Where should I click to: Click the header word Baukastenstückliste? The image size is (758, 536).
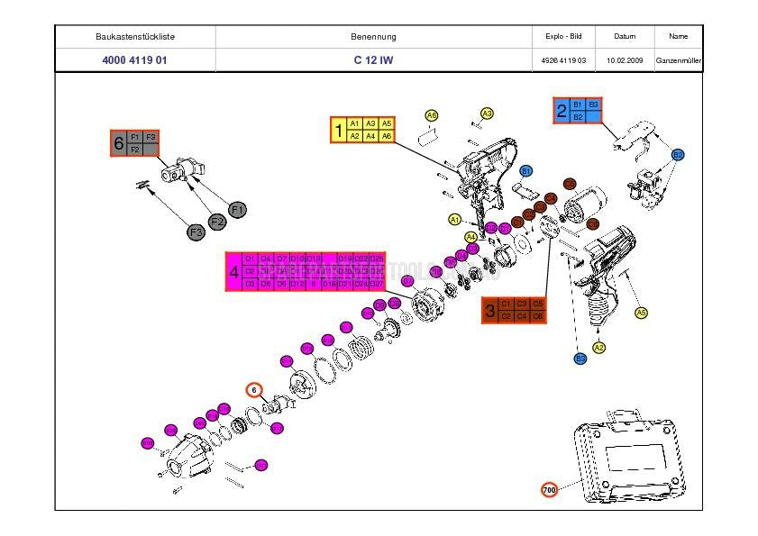135,37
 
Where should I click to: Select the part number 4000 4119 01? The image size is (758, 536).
135,60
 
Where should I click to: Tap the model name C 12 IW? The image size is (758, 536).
373,60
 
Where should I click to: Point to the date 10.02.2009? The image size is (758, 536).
625,60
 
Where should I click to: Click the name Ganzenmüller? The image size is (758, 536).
679,60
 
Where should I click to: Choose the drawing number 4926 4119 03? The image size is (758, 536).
564,60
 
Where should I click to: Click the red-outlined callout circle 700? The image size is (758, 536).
549,490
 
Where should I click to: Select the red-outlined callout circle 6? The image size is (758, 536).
255,390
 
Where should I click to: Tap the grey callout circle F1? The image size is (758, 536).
238,210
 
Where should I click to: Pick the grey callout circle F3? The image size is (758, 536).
196,232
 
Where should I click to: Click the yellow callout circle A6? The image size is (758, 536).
432,115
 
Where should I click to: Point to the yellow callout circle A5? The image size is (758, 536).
641,313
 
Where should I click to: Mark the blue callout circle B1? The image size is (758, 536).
526,170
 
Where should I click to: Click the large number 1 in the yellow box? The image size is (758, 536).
339,131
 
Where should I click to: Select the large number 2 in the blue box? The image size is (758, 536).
562,111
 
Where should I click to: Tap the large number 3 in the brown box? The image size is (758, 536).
490,310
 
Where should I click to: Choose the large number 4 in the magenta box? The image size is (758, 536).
234,271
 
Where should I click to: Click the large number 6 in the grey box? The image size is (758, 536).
119,142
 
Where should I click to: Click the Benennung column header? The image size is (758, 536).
373,37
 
